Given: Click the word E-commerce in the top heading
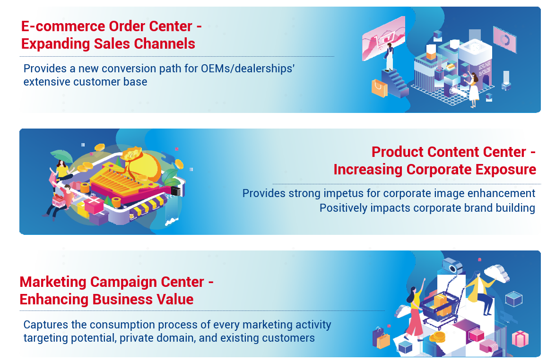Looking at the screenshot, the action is click(x=63, y=26).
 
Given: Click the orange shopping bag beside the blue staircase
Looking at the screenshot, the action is click(x=379, y=88).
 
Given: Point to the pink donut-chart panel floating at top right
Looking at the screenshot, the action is click(x=504, y=40).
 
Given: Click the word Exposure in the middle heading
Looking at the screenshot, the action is click(x=505, y=170).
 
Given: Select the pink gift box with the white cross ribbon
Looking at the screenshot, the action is click(x=94, y=204).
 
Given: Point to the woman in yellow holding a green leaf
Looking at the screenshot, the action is click(x=62, y=171).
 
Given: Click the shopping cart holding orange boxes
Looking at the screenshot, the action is click(x=440, y=307).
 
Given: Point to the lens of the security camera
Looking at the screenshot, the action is click(x=453, y=268).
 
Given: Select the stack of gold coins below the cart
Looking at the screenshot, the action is click(x=437, y=337).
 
